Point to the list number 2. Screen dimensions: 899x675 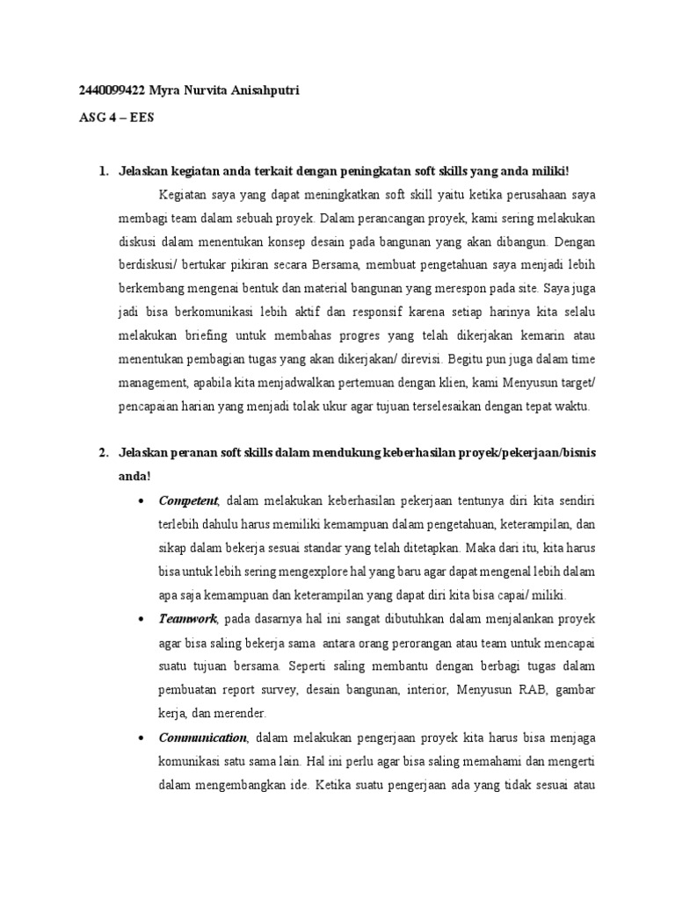(103, 453)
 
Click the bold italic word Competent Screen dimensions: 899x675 (188, 500)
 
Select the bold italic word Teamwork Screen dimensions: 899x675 (188, 618)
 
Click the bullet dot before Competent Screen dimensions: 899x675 (143, 501)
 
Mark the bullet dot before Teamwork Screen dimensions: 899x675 (143, 619)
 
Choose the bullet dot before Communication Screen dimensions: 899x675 (143, 737)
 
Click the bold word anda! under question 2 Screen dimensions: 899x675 (135, 477)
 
